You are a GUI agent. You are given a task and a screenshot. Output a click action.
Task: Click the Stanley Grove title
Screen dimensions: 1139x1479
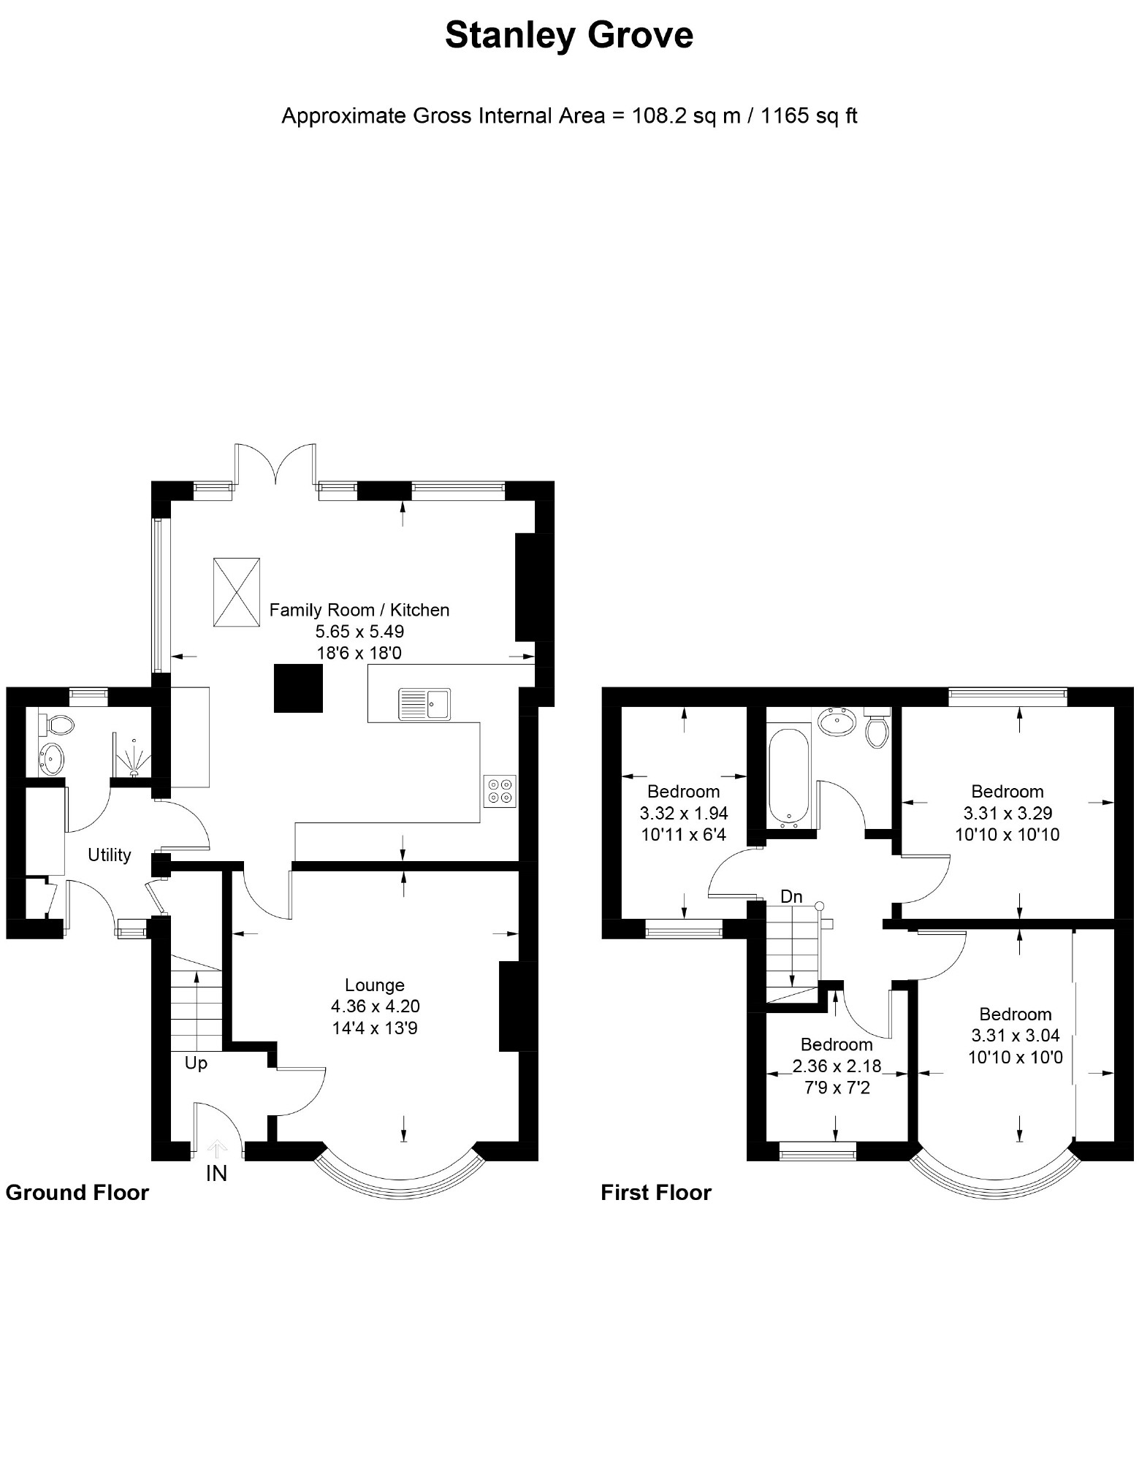[569, 36]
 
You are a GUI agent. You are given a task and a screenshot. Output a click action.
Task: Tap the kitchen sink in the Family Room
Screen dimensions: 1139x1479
[424, 704]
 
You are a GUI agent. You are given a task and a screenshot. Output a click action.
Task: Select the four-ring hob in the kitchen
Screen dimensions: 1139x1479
[500, 791]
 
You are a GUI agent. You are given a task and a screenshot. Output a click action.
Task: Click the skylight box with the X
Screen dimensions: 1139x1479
[237, 592]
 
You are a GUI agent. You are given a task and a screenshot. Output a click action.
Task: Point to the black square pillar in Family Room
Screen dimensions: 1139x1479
[298, 688]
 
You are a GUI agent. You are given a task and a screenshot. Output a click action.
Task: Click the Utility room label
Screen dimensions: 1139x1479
[110, 855]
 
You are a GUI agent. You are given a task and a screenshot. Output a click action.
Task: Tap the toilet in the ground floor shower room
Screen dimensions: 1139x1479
[56, 725]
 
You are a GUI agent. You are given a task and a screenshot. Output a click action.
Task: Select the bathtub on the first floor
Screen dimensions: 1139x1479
[789, 776]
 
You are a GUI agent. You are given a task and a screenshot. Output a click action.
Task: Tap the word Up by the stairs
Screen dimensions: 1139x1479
[196, 1063]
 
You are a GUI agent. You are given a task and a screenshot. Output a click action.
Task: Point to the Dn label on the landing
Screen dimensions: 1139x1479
[791, 896]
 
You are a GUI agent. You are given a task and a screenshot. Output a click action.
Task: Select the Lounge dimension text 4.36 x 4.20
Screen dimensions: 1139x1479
[375, 1006]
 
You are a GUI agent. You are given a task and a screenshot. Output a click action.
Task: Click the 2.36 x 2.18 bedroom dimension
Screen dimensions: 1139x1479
[837, 1066]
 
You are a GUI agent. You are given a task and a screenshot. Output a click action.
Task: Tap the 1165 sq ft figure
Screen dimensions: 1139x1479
[809, 116]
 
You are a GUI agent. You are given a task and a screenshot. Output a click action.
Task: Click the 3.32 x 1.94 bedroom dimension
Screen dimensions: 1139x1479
[684, 813]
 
